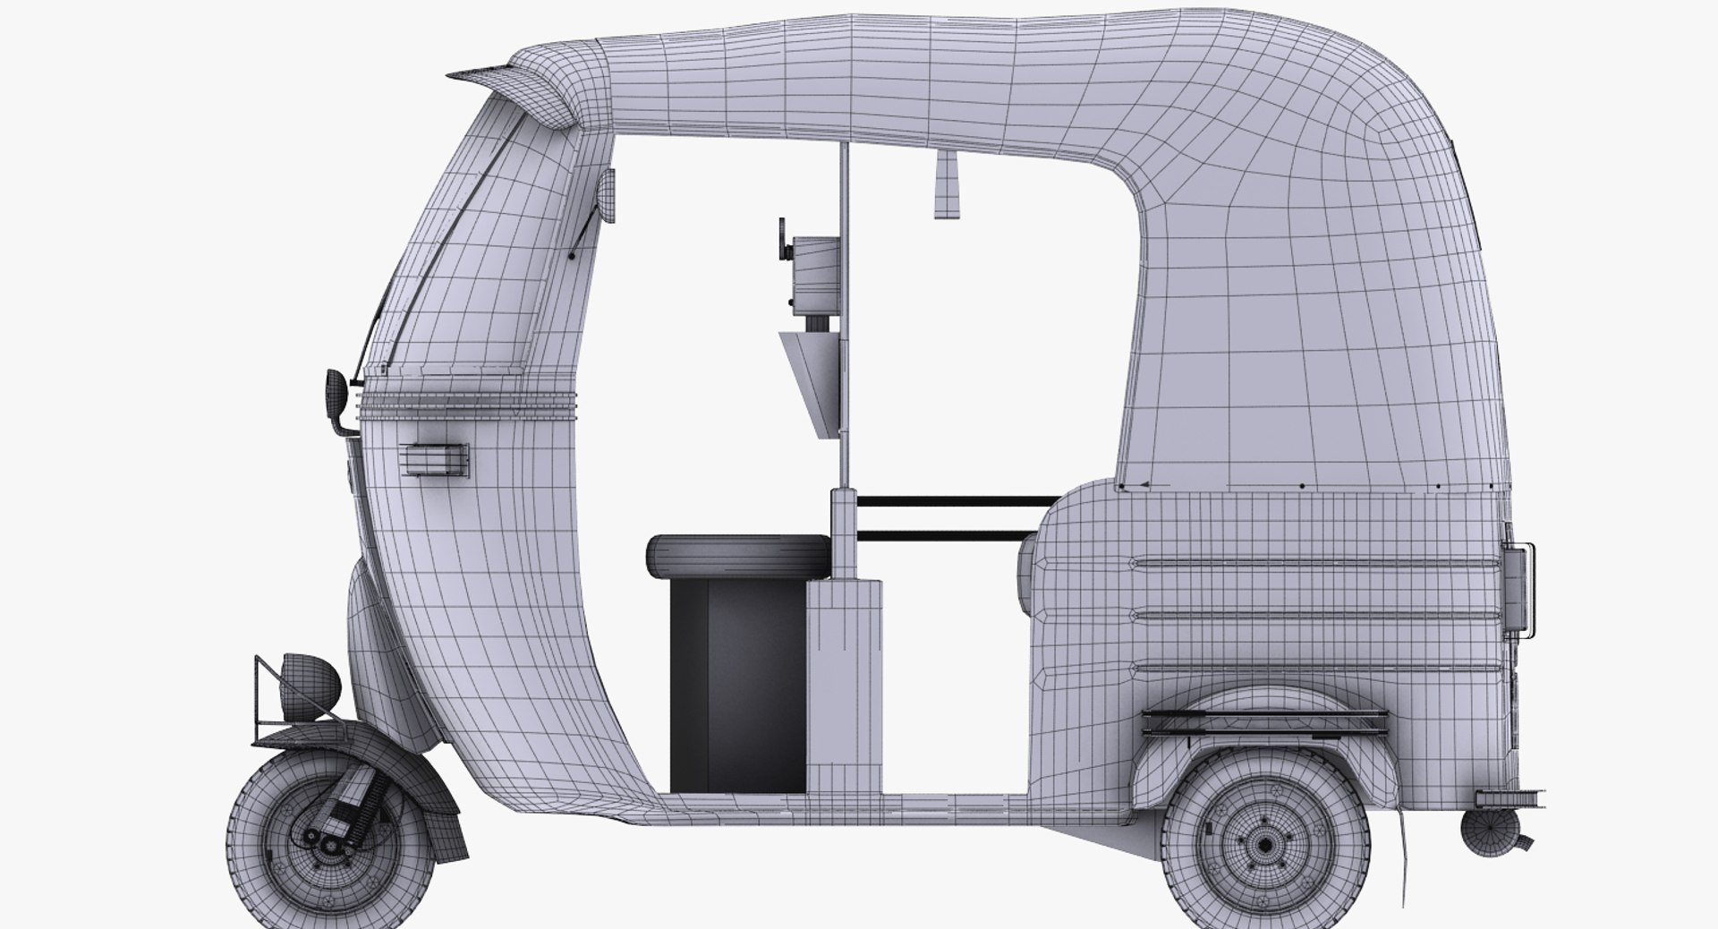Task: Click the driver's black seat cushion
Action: tap(736, 555)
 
